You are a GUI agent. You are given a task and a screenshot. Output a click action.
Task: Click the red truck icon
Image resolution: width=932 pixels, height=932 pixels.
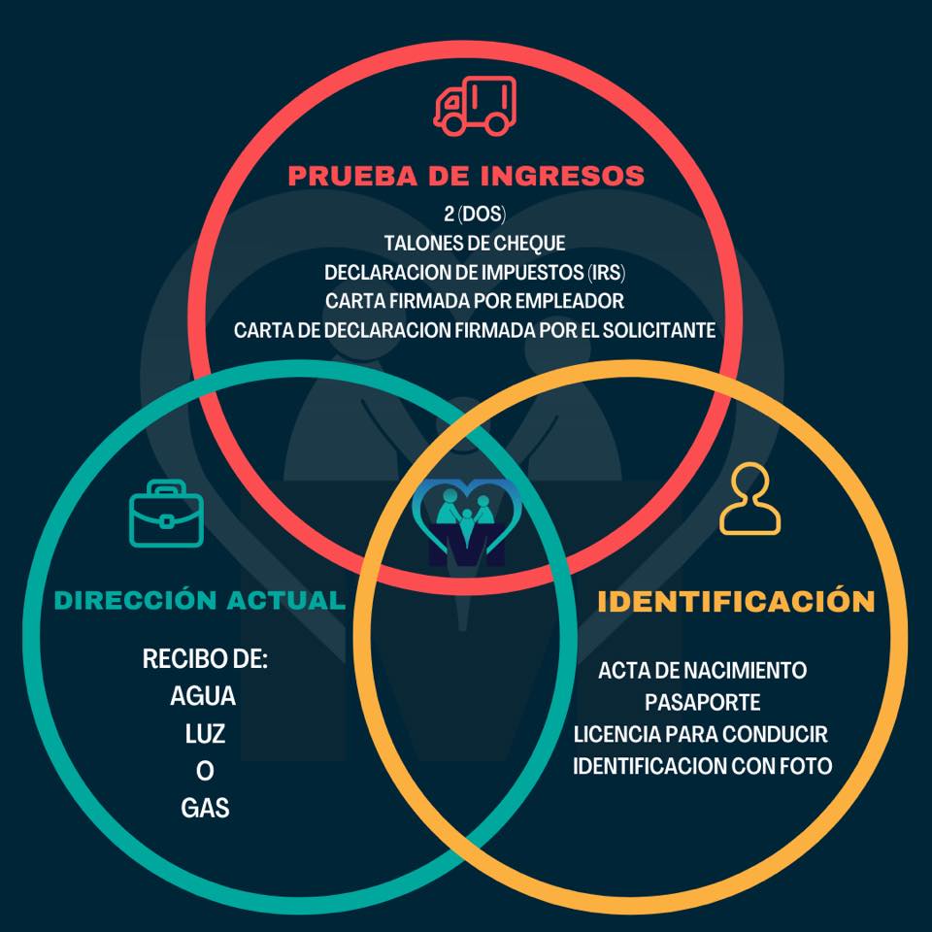475,106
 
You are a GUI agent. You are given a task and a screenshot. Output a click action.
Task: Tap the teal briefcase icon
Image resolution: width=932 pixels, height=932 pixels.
166,514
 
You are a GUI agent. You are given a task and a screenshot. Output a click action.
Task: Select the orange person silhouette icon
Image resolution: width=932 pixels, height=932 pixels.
749,499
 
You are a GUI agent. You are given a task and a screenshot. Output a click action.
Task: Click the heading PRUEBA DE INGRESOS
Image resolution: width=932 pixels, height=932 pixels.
467,176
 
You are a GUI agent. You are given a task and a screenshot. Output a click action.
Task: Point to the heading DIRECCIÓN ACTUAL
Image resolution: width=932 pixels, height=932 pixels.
200,600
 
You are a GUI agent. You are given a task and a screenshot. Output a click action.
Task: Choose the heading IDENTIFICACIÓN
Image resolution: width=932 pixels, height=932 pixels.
736,601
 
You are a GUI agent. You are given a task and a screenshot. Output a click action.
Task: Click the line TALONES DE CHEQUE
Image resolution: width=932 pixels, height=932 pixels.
475,243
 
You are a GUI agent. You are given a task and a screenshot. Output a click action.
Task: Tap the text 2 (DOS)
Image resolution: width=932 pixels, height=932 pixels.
475,214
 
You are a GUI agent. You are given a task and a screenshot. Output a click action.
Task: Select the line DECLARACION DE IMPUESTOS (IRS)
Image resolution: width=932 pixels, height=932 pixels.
475,272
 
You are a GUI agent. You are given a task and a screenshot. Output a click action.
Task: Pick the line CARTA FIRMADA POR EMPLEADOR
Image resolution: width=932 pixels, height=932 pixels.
475,301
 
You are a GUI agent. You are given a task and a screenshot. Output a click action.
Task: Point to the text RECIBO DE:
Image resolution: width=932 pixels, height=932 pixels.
205,658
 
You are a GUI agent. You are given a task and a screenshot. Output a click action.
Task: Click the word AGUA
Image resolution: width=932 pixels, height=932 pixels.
203,696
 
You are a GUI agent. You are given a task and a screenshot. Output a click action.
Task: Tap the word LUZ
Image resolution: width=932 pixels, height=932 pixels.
205,734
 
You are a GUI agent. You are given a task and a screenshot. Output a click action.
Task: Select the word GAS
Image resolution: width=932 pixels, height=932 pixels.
205,809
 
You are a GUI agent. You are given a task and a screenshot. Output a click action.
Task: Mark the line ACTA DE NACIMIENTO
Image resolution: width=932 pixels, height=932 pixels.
702,671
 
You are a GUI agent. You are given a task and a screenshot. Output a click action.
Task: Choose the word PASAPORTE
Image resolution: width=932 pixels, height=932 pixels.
702,703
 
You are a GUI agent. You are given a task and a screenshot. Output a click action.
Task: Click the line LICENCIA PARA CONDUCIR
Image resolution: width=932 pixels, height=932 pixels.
700,734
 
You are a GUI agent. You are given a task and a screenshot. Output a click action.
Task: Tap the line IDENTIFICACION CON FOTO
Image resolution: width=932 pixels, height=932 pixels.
702,766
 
